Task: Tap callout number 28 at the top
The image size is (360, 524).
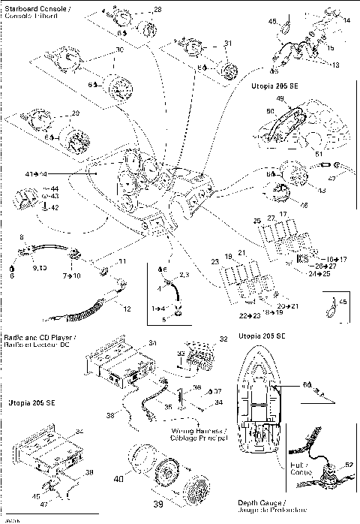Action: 157,10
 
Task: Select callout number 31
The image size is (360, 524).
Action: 228,43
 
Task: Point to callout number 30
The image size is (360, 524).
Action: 118,51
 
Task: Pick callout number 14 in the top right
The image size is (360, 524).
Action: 346,20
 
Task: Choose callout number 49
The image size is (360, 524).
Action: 280,98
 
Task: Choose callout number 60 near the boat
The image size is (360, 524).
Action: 306,385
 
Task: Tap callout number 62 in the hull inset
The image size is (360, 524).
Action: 348,465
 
